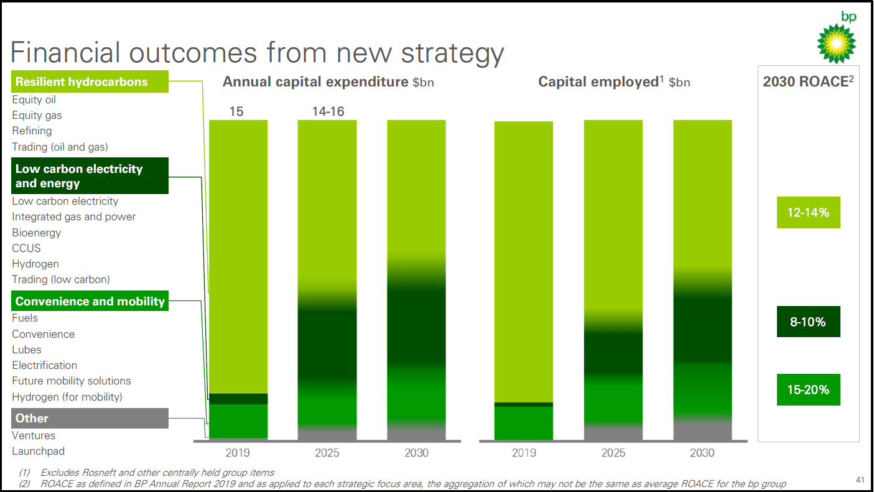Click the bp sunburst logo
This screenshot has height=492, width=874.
pos(836,44)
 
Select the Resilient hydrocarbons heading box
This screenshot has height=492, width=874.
pos(90,81)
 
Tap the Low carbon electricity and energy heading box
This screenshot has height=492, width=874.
pos(90,176)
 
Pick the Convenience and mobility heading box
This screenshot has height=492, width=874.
pos(90,302)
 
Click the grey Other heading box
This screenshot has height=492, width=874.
pos(90,419)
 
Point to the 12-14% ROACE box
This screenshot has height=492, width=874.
pos(808,213)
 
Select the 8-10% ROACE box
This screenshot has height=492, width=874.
pos(808,322)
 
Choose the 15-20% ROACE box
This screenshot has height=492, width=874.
pos(808,390)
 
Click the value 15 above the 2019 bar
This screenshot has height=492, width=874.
pos(236,112)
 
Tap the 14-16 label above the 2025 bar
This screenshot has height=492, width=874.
pos(328,112)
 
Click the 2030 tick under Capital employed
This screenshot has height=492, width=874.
pos(702,453)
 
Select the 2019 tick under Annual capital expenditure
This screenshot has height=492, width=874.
pos(238,453)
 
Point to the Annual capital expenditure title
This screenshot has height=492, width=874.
pos(315,82)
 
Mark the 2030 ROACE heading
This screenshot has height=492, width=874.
pos(808,82)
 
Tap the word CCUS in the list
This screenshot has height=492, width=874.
pos(26,248)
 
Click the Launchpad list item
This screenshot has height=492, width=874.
pos(38,452)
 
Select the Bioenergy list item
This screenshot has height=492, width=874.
pos(37,233)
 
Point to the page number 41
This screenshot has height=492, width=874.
pos(860,480)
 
